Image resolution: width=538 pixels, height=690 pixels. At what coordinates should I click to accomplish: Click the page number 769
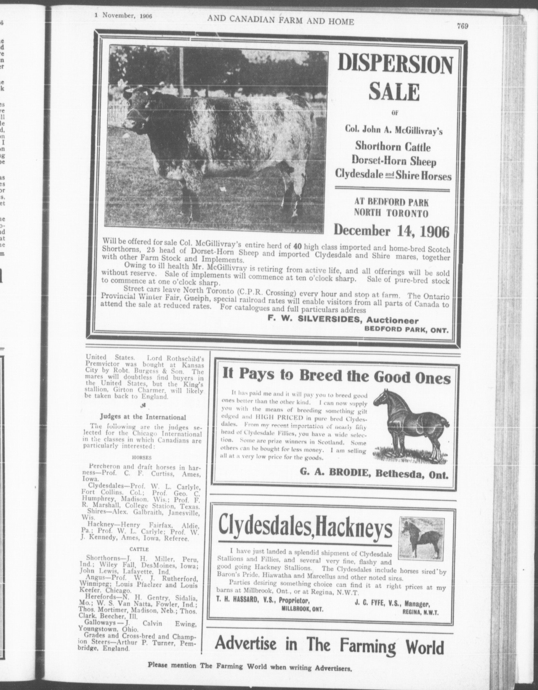(x=462, y=27)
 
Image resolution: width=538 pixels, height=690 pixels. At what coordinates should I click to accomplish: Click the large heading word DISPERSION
(x=395, y=65)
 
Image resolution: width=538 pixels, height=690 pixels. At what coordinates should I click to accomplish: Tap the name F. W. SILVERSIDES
(x=309, y=321)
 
